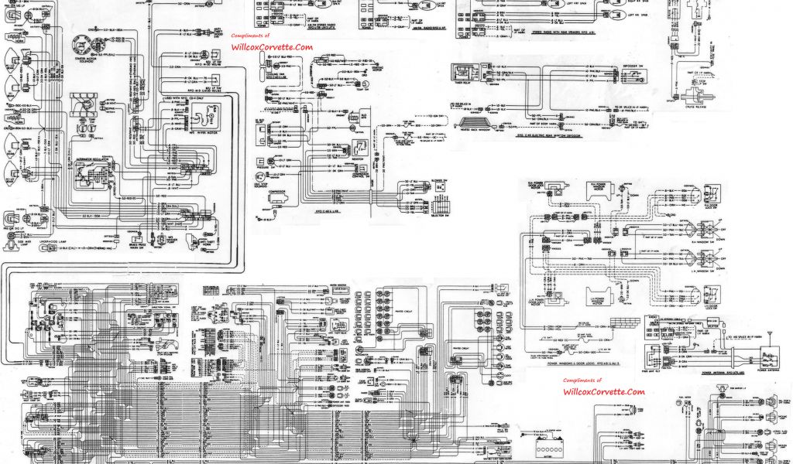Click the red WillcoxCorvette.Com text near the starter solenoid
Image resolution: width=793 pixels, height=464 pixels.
pyautogui.click(x=271, y=47)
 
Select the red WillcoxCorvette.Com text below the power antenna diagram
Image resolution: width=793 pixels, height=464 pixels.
pyautogui.click(x=603, y=392)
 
